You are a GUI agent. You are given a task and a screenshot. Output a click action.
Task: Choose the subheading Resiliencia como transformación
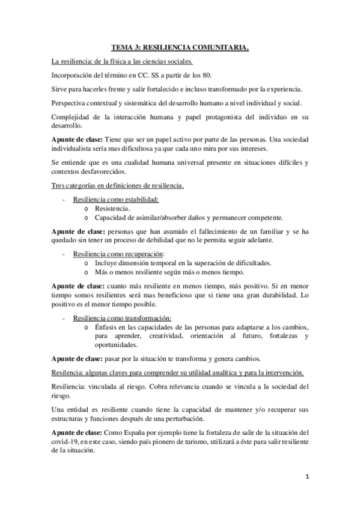122,318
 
